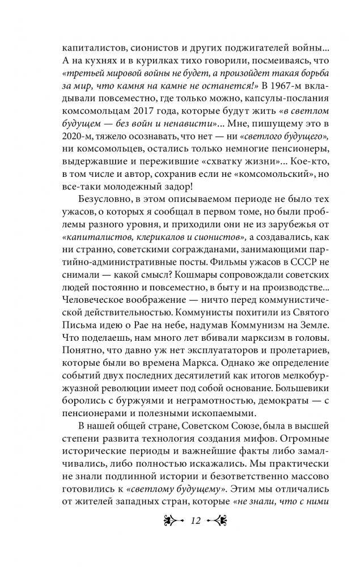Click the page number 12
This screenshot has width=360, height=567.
[180, 519]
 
